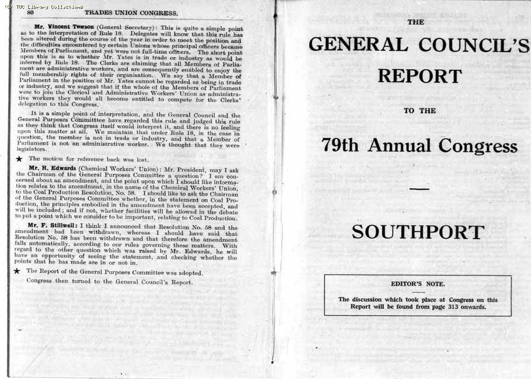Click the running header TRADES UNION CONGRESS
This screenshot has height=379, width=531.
point(131,12)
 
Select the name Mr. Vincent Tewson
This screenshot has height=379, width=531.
point(64,27)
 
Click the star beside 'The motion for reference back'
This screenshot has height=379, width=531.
point(19,159)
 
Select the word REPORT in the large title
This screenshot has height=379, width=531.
point(419,76)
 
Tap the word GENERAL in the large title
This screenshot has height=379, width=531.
point(358,45)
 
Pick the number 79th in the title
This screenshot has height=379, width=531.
point(340,146)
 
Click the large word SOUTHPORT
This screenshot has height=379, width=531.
point(418,232)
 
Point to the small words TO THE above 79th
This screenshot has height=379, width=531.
point(419,111)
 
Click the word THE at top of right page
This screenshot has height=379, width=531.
point(415,22)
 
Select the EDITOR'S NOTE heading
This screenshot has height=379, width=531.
point(418,284)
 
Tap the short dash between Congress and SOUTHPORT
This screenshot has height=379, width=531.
point(419,189)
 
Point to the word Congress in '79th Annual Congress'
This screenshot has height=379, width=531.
point(478,146)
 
